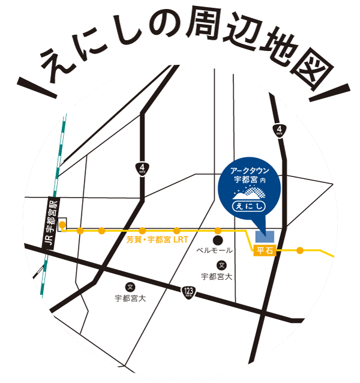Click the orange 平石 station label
tap(265, 251)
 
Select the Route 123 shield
tap(188, 292)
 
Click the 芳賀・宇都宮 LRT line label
tap(157, 240)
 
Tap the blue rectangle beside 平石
tap(265, 236)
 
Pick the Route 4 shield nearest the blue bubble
tap(280, 130)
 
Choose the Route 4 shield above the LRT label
tap(142, 167)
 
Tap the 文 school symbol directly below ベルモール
tap(221, 265)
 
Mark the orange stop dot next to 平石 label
tap(299, 250)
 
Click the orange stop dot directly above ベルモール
tap(218, 231)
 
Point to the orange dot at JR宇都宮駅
tap(62, 226)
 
